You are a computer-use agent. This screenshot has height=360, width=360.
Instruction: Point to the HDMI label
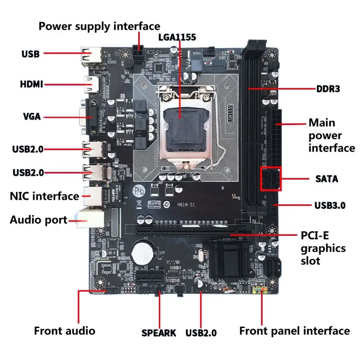[x=31, y=84]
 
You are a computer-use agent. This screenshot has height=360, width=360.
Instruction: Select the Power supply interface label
[x=99, y=26]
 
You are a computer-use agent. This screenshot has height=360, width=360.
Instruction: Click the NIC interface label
[x=44, y=196]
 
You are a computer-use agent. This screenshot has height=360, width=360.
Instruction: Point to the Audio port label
[x=39, y=220]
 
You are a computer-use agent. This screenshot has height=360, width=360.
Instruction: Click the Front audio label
[x=64, y=331]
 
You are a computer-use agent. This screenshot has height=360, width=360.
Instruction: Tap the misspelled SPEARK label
[x=159, y=333]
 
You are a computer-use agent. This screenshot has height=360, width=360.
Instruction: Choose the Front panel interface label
[x=294, y=331]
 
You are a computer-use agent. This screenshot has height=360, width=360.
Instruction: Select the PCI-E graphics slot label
[x=323, y=248]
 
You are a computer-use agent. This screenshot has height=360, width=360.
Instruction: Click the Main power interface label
[x=331, y=135]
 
